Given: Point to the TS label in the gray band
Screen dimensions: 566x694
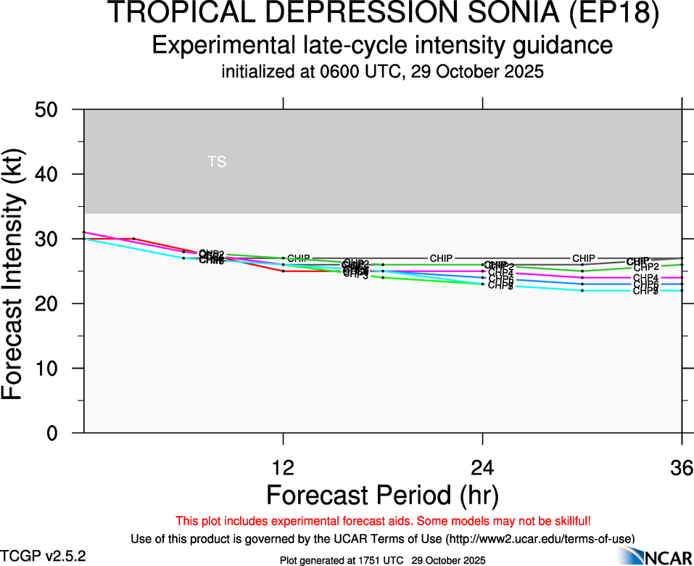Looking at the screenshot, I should point(217,162).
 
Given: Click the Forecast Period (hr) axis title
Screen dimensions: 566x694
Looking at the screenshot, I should point(382,495).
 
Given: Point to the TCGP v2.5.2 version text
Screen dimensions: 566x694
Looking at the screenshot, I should point(43,556).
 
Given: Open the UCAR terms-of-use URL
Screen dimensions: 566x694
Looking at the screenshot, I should point(540,538).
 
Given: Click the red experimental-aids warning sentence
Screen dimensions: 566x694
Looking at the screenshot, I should point(382,521).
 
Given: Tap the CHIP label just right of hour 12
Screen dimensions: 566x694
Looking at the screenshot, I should point(299,258).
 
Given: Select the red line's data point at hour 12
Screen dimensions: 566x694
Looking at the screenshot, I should point(283,271).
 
